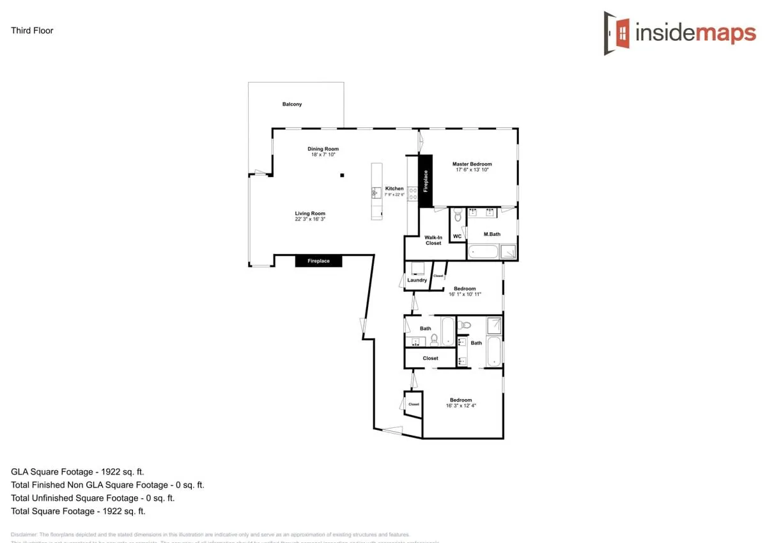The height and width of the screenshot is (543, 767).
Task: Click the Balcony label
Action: coord(292,104)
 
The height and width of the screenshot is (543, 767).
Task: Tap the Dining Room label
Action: coord(323,149)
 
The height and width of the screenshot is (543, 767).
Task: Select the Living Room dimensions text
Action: coord(310,219)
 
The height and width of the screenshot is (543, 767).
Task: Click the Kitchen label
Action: coord(394,189)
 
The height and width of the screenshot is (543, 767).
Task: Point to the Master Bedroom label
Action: coord(472,164)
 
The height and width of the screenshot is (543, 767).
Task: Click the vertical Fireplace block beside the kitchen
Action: coord(426,181)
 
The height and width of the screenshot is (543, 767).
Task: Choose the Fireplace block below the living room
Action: coord(318,261)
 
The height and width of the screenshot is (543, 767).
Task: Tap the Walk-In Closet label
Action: coord(433,240)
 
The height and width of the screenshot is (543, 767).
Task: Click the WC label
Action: coord(457,237)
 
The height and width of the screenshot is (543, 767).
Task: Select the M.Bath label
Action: coord(492,235)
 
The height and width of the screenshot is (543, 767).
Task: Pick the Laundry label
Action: coord(417,280)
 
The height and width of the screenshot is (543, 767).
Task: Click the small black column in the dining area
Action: coord(342,175)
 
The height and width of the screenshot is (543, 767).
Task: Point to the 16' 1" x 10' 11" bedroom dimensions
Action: coord(464,294)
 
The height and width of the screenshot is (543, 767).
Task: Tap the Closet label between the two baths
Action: coord(430,358)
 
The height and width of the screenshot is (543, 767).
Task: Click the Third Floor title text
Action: coord(32,31)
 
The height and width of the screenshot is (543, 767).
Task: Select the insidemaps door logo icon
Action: coord(617,33)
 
